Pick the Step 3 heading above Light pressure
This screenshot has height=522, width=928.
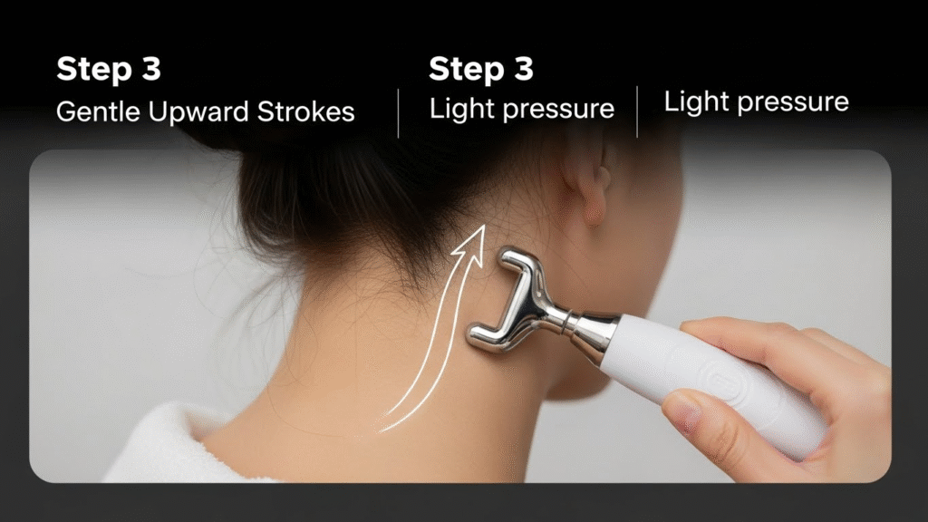pos(481,69)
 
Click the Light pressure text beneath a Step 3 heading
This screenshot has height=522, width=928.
pos(522,110)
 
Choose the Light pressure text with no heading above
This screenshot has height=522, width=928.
pos(757,101)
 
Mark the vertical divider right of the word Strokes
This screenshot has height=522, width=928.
pos(399,112)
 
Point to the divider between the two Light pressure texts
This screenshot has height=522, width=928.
pos(637,111)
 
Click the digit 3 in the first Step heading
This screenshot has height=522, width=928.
pos(147,69)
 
